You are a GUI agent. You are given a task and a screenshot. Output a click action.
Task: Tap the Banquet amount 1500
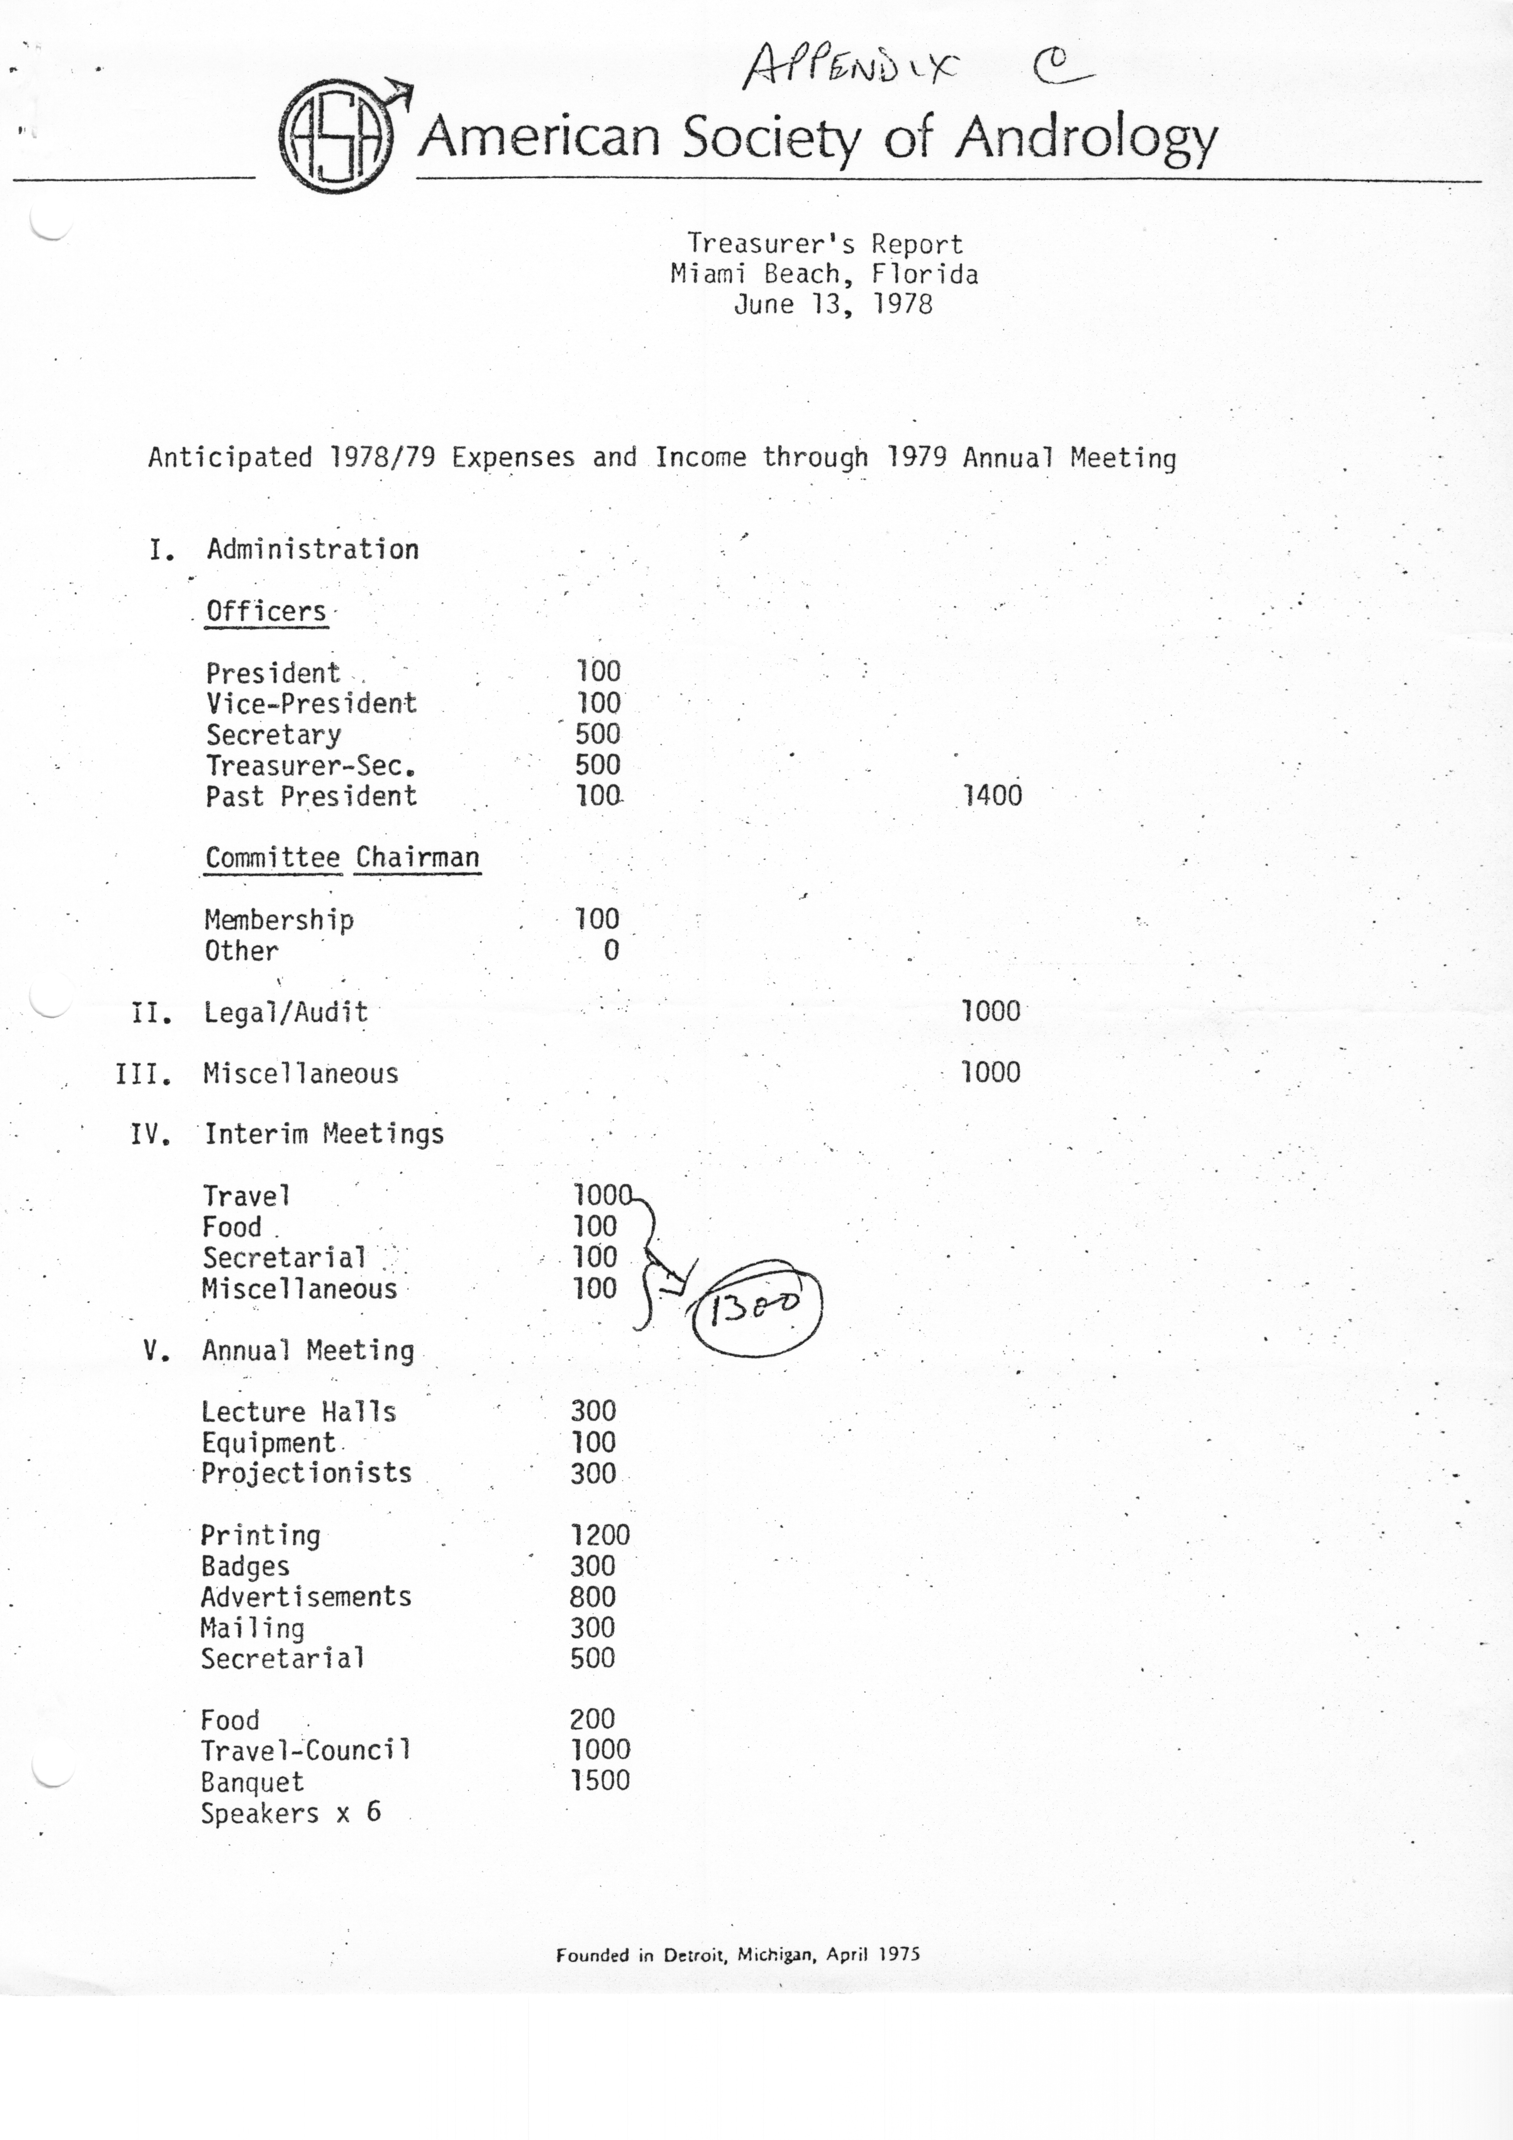(x=601, y=1780)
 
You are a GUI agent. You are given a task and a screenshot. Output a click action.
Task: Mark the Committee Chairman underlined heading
(x=342, y=857)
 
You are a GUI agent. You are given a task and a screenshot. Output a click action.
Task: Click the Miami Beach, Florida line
(x=824, y=274)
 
